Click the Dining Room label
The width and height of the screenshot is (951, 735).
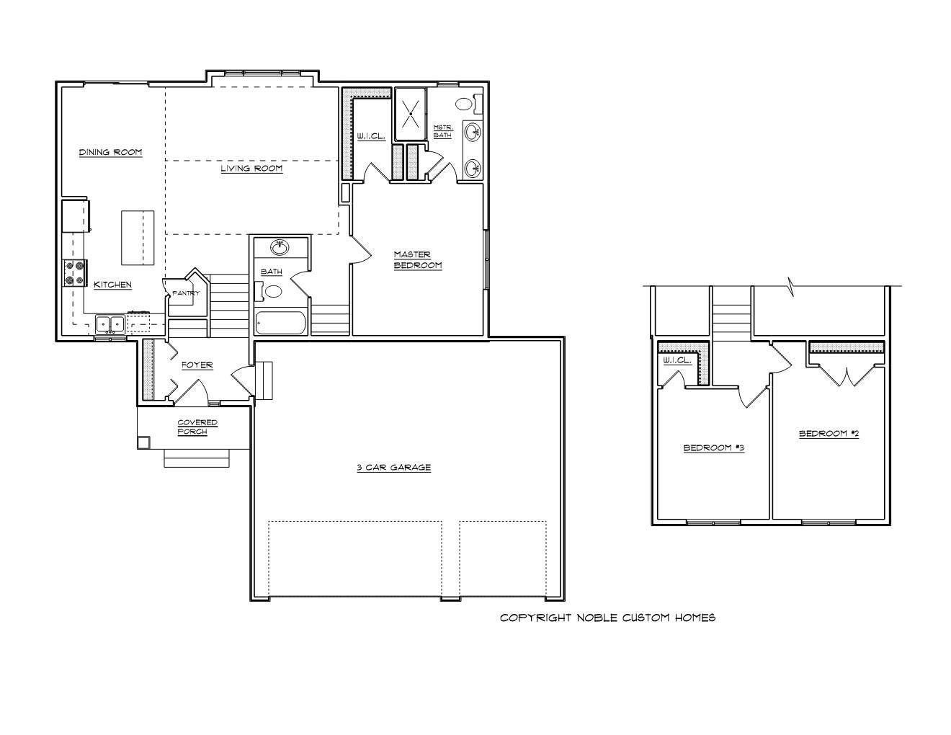(110, 152)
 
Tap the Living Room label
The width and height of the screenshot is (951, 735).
(251, 168)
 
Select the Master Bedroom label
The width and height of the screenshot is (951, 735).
(418, 259)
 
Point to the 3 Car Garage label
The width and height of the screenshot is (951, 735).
(394, 467)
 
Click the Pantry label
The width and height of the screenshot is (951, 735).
(186, 293)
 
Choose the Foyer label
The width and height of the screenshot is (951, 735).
(197, 365)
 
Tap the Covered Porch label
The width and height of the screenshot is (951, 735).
(197, 427)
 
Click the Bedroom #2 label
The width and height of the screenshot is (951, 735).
(829, 433)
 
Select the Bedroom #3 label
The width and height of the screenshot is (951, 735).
(714, 447)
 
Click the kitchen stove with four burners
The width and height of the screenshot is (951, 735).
(75, 272)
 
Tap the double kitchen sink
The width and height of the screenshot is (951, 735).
(110, 324)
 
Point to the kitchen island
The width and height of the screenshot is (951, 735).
(138, 238)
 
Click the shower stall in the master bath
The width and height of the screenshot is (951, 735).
(411, 115)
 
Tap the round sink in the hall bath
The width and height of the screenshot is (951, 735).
(279, 248)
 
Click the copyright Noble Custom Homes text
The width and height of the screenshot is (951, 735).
(608, 618)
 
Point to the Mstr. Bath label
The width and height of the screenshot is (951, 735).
(443, 131)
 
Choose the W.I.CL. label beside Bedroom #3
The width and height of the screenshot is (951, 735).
(677, 360)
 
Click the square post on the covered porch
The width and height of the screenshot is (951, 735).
(143, 442)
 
